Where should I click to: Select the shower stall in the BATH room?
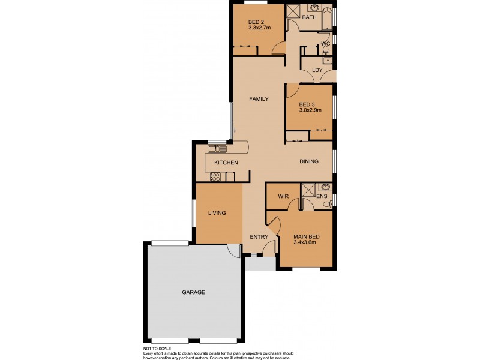[294, 10]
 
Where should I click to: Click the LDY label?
[317, 70]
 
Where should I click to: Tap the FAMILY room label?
[259, 99]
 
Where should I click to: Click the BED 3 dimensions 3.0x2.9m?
[310, 110]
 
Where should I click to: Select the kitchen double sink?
[217, 148]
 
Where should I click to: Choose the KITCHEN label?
[226, 163]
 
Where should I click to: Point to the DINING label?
[308, 161]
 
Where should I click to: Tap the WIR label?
[283, 196]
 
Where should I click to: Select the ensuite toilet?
[327, 205]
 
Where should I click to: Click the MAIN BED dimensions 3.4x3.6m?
[306, 242]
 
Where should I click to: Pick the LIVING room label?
[217, 213]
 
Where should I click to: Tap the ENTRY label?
[259, 237]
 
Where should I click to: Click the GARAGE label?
[194, 292]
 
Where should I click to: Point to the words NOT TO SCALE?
[158, 349]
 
